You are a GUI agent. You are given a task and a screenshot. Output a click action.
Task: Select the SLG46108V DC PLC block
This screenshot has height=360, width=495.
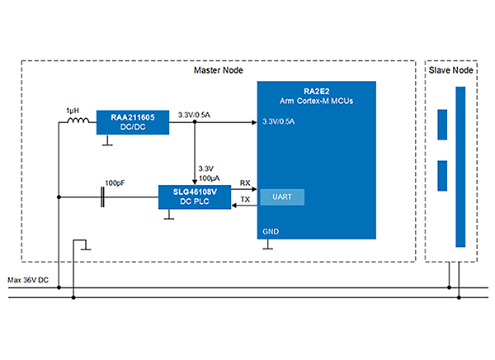[193, 197]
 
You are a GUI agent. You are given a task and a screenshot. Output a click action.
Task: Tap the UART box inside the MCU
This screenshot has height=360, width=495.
[281, 197]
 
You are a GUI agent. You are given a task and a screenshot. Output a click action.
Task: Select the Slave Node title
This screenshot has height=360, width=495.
[450, 71]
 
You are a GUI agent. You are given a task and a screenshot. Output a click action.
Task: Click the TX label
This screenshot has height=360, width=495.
[245, 200]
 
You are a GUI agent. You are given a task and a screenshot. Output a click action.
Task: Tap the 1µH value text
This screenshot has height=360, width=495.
[73, 109]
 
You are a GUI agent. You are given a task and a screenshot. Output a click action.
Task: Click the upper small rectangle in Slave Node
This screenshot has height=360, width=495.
[442, 124]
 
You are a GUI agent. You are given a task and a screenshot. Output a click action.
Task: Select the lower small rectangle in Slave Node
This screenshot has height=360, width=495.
[442, 175]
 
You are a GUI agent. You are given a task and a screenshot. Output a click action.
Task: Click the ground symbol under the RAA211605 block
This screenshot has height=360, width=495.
[106, 141]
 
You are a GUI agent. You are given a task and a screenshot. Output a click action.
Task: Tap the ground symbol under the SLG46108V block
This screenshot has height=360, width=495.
[170, 216]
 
